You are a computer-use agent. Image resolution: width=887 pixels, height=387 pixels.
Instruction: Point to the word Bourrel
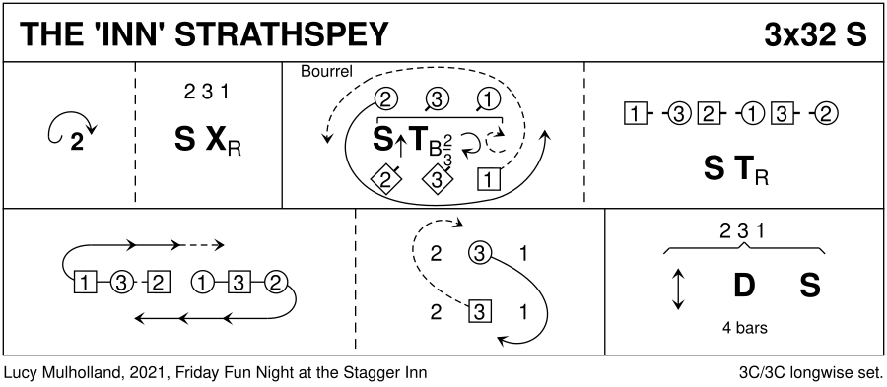pos(326,72)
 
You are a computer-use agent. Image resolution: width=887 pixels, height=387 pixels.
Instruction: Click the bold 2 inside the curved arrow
pos(76,144)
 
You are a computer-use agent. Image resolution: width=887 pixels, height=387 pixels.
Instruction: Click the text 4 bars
pos(744,328)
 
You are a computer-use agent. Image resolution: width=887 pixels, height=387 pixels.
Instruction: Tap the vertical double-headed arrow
pos(678,289)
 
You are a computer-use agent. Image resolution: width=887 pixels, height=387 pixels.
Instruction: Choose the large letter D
pos(744,286)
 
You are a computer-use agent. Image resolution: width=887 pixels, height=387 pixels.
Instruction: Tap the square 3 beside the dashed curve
pos(480,312)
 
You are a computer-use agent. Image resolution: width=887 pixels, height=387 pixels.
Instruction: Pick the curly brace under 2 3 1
pos(744,248)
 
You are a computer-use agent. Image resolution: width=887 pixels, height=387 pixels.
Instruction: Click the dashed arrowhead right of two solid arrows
pos(220,245)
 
